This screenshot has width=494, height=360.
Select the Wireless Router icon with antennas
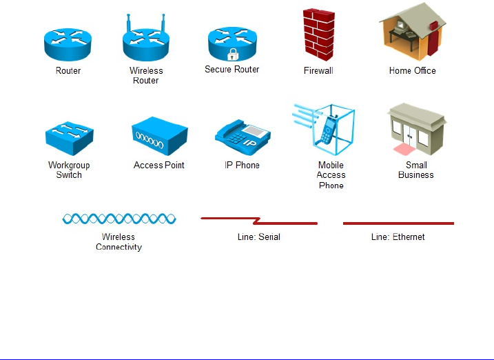146,43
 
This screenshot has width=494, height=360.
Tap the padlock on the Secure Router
232,54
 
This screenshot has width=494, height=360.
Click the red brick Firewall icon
319,34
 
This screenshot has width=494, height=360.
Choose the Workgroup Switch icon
69,140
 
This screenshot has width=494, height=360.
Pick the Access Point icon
158,137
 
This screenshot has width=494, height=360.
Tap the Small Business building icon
416,131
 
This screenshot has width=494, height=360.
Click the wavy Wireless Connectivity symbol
119,219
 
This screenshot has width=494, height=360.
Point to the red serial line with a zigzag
258,221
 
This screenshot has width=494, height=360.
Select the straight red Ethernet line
398,223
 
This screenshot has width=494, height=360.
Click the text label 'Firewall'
318,70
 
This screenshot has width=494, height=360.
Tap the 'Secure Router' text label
232,70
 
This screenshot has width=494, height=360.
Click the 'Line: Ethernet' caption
398,237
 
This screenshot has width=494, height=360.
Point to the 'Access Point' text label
159,166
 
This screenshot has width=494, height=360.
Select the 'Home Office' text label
412,70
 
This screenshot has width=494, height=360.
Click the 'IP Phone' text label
242,166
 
